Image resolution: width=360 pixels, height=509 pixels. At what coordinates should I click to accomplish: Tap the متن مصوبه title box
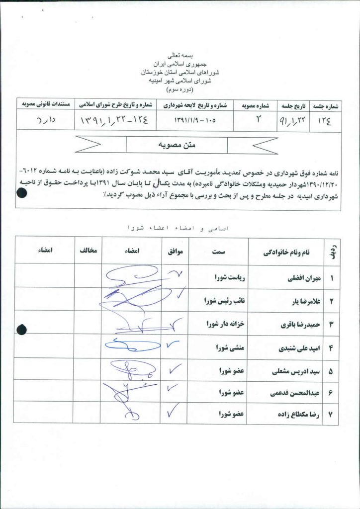(x=178, y=145)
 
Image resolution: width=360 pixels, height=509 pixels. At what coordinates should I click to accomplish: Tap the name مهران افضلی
(x=301, y=278)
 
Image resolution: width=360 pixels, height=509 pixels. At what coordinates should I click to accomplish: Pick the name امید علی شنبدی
(x=298, y=347)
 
